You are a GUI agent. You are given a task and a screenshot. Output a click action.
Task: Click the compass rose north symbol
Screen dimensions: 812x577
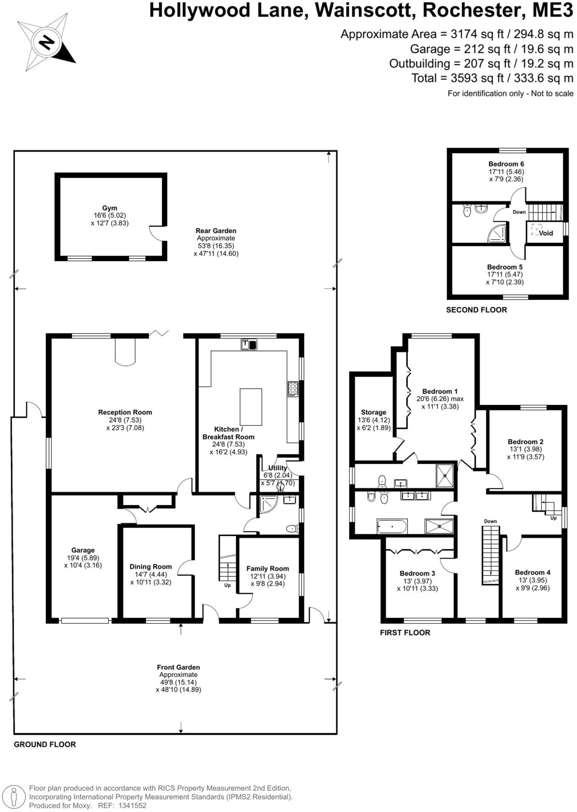[47, 42]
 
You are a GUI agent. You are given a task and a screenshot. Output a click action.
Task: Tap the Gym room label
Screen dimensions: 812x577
[109, 208]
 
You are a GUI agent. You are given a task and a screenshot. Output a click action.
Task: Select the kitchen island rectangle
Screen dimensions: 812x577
[250, 407]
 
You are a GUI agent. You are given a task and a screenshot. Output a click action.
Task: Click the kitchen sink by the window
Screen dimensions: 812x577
[249, 345]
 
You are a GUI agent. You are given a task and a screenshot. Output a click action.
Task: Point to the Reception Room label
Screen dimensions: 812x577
[125, 412]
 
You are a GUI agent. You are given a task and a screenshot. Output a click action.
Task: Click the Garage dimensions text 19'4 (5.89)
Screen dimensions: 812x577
[83, 558]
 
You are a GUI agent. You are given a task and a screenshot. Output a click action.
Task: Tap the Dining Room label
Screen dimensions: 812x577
[151, 567]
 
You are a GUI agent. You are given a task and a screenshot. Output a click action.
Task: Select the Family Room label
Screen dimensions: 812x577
[267, 569]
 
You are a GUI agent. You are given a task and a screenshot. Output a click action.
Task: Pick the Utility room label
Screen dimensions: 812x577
[277, 468]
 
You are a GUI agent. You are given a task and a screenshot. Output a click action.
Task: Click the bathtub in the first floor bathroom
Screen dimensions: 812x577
[392, 527]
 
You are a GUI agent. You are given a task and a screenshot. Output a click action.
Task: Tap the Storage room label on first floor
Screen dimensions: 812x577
[373, 412]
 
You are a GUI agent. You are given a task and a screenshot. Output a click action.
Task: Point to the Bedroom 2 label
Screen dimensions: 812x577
[525, 442]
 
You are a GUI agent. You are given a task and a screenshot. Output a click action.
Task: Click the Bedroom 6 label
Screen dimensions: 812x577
[506, 164]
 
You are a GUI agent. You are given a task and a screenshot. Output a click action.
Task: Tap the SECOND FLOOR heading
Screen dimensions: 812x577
[476, 310]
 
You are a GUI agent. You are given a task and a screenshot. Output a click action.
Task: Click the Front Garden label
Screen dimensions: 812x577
[178, 667]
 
